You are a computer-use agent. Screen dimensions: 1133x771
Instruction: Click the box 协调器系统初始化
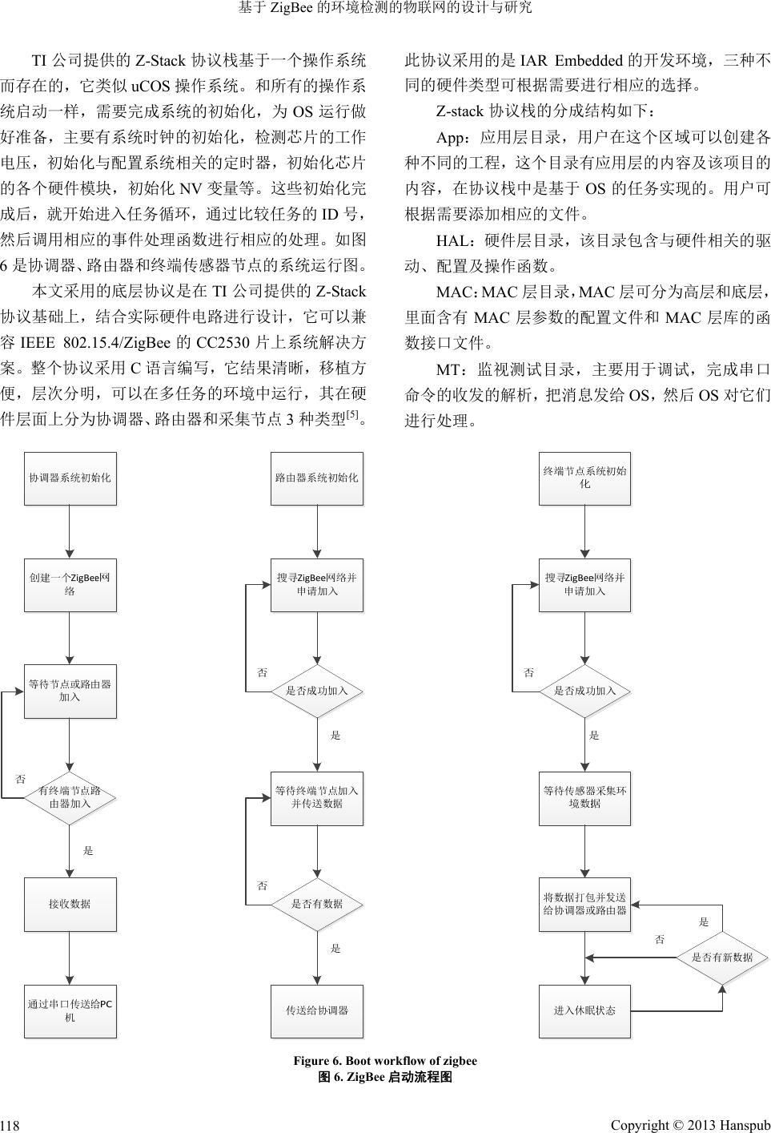(70, 478)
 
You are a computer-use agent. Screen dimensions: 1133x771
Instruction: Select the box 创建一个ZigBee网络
(70, 584)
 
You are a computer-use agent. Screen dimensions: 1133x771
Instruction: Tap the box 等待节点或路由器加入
(70, 691)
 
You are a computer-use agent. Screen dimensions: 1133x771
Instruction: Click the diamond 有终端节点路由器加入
(70, 797)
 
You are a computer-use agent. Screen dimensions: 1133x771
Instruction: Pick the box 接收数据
(70, 904)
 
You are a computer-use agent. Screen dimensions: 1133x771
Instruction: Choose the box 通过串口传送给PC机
(70, 1010)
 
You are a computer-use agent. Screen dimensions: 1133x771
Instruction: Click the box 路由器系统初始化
(317, 478)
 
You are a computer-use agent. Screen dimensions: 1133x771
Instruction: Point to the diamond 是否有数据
(317, 904)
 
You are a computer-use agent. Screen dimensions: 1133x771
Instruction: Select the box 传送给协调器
(317, 1010)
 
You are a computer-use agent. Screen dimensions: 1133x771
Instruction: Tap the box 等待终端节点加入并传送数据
(317, 797)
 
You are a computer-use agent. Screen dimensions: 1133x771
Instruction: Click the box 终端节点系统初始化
(584, 478)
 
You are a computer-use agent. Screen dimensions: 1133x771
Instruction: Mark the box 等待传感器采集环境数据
(584, 797)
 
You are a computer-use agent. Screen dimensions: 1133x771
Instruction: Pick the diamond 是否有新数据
(722, 957)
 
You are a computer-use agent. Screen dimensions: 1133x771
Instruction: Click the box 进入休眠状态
(584, 1010)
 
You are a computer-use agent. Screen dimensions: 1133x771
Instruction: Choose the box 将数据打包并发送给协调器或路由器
(584, 904)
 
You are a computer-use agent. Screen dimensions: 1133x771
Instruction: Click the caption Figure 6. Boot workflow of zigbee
(385, 1061)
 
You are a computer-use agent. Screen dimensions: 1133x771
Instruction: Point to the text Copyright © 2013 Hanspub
(690, 1125)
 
